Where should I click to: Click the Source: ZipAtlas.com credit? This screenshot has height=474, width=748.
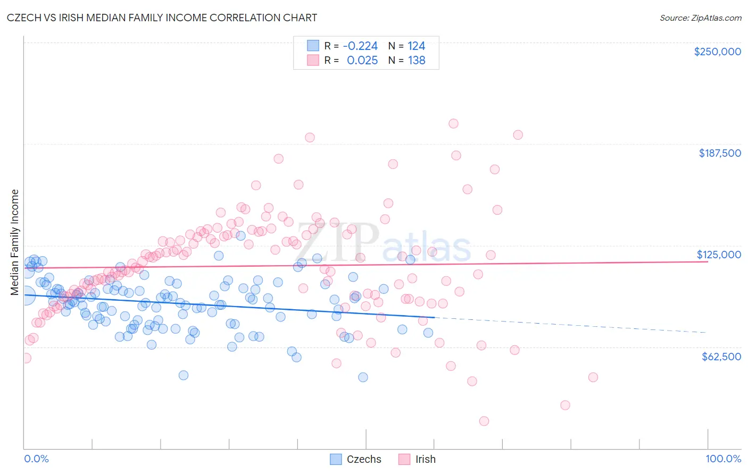(700, 18)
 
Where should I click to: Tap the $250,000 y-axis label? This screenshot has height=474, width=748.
(717, 52)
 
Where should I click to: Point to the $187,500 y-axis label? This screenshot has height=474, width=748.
(719, 153)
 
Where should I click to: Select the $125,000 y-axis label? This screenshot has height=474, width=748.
(719, 255)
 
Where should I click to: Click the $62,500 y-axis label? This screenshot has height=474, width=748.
(721, 357)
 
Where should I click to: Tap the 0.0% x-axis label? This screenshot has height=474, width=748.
(36, 459)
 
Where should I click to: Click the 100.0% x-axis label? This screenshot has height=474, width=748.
(723, 459)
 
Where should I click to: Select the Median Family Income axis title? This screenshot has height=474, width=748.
(15, 242)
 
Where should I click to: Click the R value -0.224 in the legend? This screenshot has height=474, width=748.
(360, 46)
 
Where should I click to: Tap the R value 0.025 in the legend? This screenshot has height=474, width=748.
(362, 61)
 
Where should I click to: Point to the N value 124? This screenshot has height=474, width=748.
(416, 46)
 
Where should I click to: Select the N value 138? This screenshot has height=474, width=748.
(416, 61)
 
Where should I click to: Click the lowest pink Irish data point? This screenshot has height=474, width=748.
(484, 421)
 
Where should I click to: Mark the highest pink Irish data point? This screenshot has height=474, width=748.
(453, 124)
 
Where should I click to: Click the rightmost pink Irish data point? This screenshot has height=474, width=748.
(593, 377)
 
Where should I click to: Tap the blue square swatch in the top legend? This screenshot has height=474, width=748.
(313, 46)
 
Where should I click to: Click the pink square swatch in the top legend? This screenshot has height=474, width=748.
(313, 60)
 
